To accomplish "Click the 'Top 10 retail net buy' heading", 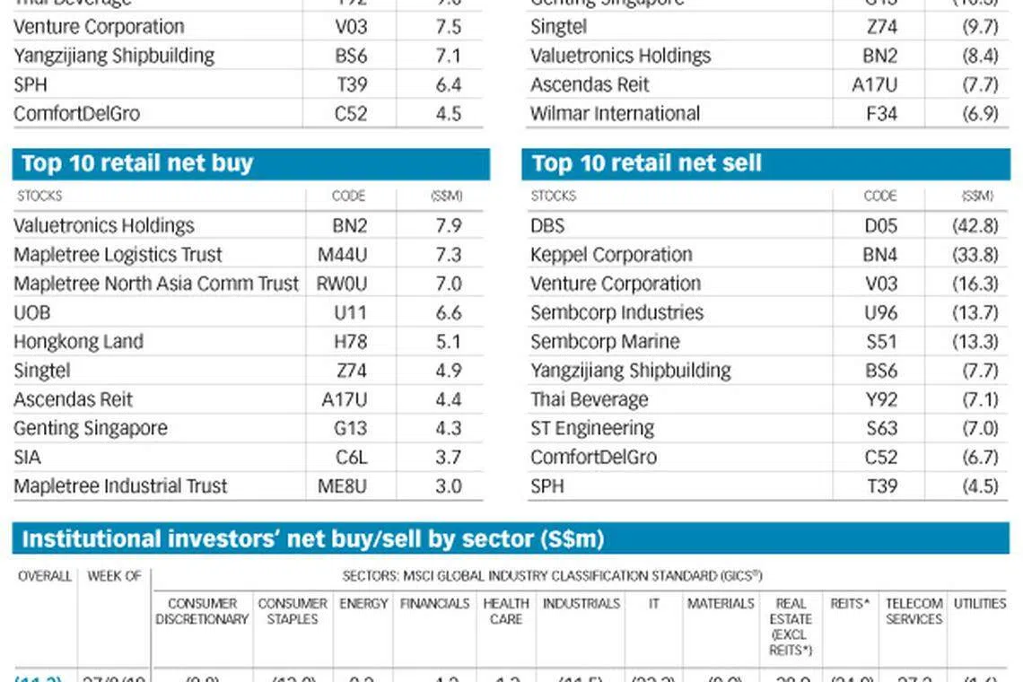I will coord(137,163).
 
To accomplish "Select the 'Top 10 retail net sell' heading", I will coord(646,163).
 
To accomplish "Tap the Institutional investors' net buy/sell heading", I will coord(312,538).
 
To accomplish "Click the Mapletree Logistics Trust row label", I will coord(118,255).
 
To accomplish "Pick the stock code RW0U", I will coord(342,284).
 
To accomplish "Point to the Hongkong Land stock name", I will coord(78,342).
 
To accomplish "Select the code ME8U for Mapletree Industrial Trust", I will coord(343,486).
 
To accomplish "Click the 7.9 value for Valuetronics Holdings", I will coord(449,225).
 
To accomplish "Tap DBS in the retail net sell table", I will coord(547,225).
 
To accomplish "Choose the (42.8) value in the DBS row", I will coord(975,225).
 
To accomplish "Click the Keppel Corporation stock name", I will coord(611,255).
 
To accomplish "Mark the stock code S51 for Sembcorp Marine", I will coord(881,342).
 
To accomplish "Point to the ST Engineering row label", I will coord(592,428).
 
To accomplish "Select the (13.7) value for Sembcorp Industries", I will coord(975,312).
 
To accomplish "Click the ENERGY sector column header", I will coord(363,604).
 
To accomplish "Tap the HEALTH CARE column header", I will coord(506,611).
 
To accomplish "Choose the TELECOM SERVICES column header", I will coord(914,611).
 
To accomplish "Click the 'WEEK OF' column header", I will coord(114,576).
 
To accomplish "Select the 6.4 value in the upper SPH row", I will coord(449,85).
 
